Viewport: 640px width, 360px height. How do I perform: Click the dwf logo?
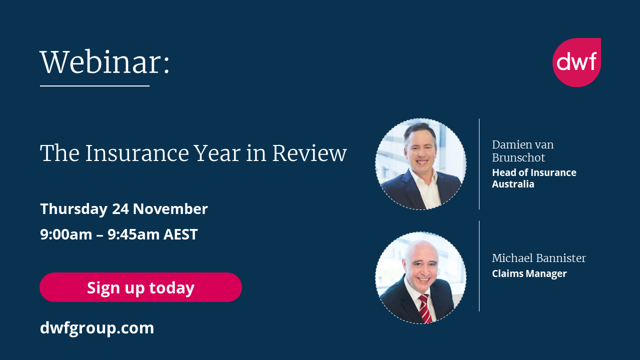576,62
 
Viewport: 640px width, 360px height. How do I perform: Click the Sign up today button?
140,287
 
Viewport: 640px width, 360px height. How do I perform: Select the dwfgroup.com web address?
97,328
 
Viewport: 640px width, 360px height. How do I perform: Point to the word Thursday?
73,209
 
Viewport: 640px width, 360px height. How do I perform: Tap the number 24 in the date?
120,209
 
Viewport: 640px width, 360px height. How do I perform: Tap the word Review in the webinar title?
309,153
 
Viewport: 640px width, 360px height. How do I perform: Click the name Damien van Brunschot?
523,151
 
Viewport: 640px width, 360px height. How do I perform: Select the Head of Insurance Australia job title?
534,178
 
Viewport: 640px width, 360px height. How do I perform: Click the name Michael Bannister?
538,258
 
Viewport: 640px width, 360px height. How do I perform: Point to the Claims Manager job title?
529,274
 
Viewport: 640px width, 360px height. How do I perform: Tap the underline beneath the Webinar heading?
94,86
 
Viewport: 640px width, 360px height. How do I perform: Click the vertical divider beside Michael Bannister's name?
479,266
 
